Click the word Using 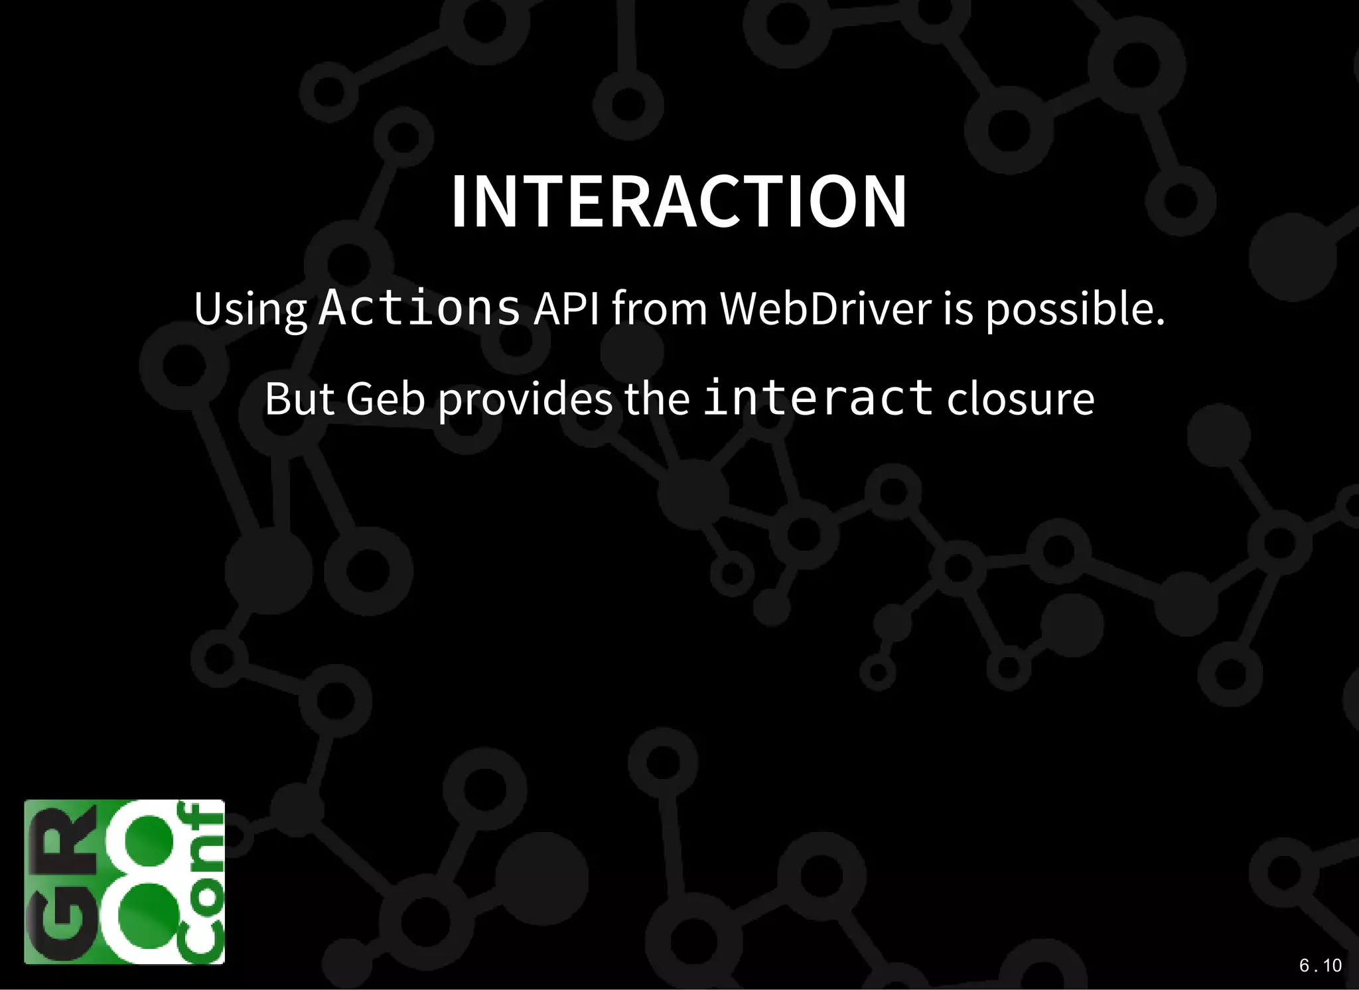coord(250,311)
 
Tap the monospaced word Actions coord(419,308)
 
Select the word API coord(566,309)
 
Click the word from coord(660,309)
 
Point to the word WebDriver coord(825,309)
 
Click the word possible coord(1075,311)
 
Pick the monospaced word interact coord(818,398)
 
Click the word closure coord(1020,399)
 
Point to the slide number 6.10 coord(1320,965)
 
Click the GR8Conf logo coord(124,882)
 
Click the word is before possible coord(958,309)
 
